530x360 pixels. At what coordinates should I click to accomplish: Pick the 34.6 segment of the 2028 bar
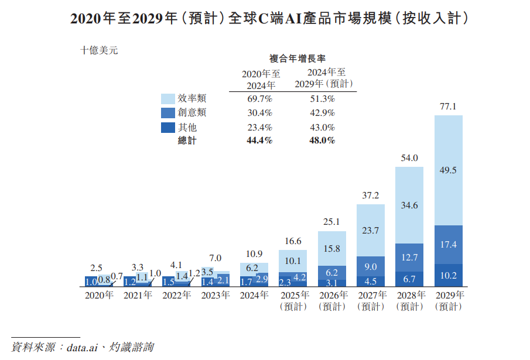[409, 205]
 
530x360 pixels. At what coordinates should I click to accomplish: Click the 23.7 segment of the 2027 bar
[371, 230]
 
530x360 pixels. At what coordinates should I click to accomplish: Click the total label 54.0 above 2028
[409, 158]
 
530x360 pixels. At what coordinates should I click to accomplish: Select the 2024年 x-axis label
[254, 295]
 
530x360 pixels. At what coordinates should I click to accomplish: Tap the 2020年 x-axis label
[99, 295]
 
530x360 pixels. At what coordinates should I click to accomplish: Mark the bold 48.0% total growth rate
[323, 140]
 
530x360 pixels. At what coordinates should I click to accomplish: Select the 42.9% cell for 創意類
[323, 112]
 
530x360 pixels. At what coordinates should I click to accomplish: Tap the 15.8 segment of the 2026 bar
[332, 248]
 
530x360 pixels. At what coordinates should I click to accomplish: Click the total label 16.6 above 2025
[293, 241]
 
